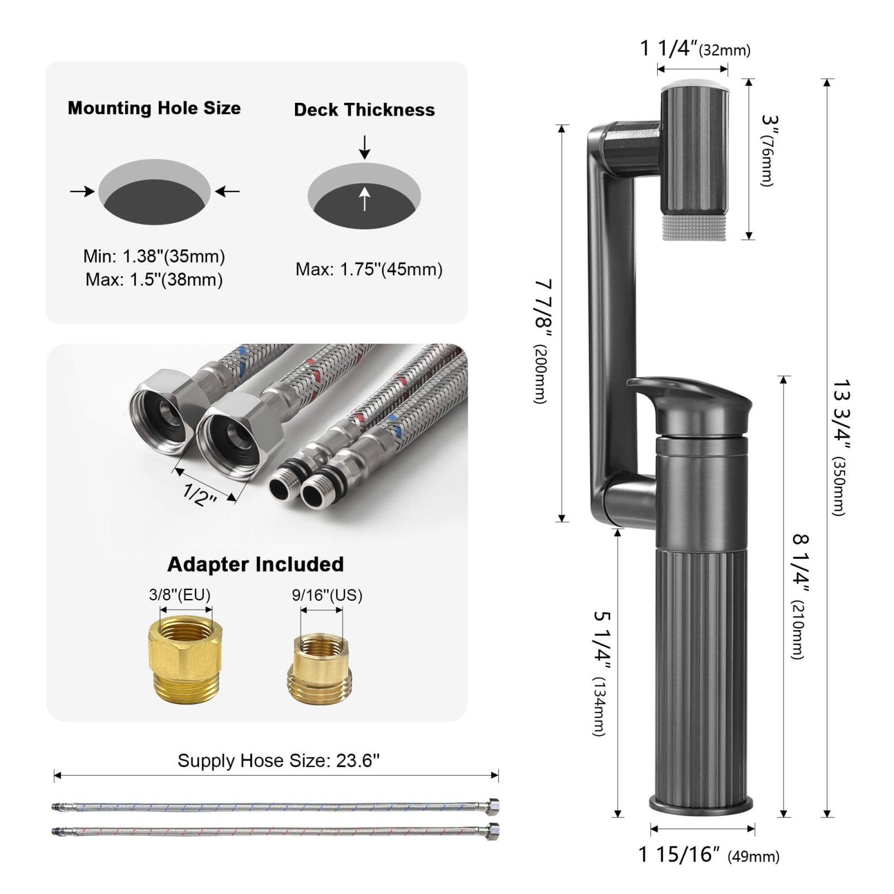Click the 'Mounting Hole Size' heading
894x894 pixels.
tap(154, 108)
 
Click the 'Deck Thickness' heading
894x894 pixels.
tap(364, 110)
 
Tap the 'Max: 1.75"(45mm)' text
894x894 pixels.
tap(369, 269)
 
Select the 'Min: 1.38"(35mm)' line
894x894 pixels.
tap(154, 256)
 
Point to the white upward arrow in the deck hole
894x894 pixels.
tap(364, 199)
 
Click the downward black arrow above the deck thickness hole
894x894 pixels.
tap(364, 146)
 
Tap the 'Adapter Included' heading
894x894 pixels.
tap(255, 564)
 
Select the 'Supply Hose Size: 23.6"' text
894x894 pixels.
tap(278, 760)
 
